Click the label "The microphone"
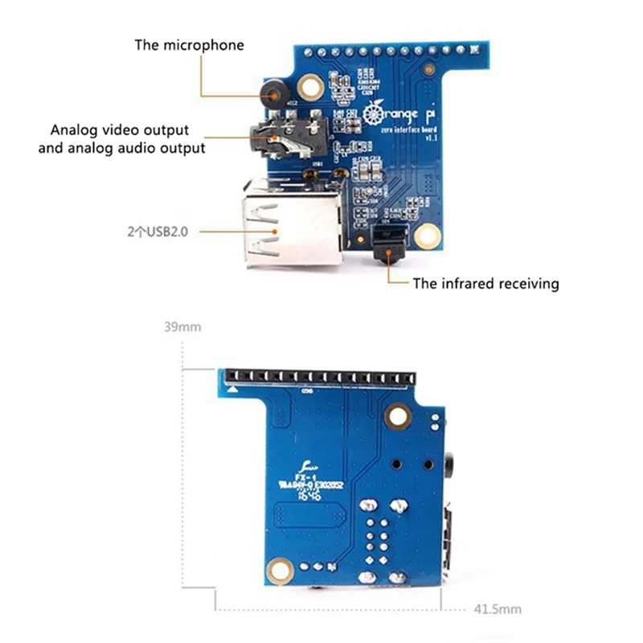click(189, 45)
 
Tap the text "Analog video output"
click(120, 129)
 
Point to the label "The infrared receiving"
click(485, 284)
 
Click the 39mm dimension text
click(181, 327)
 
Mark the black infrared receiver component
click(389, 245)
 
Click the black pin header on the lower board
click(321, 376)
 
